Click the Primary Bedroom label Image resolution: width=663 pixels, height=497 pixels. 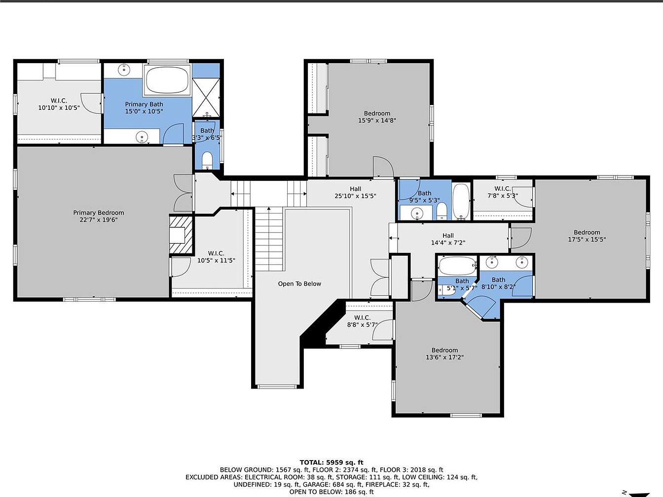[x=99, y=216]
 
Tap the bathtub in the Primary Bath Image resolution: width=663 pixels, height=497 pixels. [x=167, y=80]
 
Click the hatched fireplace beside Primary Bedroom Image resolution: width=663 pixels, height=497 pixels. [x=181, y=235]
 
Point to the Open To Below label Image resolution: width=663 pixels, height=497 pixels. [x=299, y=284]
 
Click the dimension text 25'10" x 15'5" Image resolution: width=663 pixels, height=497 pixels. [x=355, y=196]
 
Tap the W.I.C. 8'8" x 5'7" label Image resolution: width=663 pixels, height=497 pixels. [x=362, y=321]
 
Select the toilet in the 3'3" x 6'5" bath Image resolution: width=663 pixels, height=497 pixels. [x=207, y=160]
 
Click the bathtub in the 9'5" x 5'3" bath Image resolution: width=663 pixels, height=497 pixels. [x=461, y=201]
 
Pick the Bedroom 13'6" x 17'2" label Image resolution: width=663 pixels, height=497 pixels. [x=444, y=354]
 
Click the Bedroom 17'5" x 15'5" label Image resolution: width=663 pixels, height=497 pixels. [x=587, y=236]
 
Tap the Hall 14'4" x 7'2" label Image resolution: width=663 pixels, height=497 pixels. [x=448, y=239]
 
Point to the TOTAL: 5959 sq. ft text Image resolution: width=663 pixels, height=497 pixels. [x=331, y=462]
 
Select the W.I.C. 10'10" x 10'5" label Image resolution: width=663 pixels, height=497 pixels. [x=59, y=104]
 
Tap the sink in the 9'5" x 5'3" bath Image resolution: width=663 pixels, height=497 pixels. [x=416, y=213]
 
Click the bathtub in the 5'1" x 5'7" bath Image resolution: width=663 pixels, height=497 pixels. [x=457, y=266]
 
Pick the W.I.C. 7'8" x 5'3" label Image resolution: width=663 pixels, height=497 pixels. [x=503, y=192]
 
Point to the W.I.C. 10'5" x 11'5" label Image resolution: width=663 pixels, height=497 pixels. [x=216, y=257]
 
